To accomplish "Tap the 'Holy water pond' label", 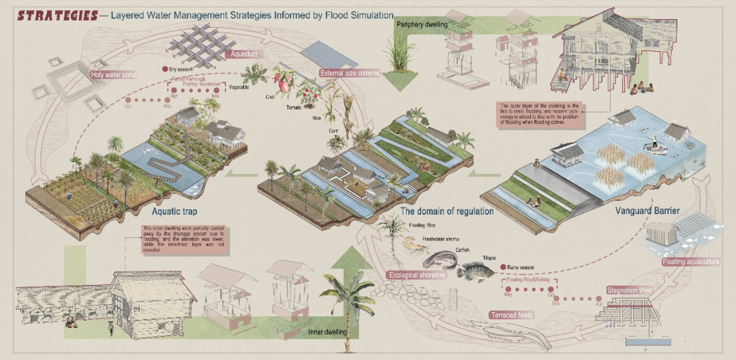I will coord(114,74).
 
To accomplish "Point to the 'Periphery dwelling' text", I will coord(423,25).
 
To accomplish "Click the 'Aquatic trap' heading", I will coord(160,211).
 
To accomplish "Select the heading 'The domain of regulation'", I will coord(447,211).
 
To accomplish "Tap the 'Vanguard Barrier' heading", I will coord(647,211).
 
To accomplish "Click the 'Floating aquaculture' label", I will coord(690,261).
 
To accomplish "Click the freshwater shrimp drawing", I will coord(411,244).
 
